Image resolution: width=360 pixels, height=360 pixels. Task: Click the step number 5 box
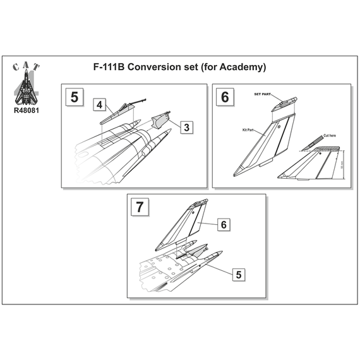click(x=75, y=98)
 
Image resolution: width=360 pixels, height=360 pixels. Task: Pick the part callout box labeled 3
click(x=187, y=127)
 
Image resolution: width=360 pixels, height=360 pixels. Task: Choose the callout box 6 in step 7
click(x=224, y=225)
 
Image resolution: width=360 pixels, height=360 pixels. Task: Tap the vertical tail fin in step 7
click(x=186, y=224)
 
